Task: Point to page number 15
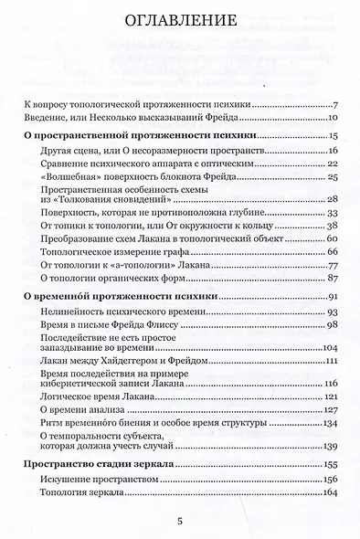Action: point(334,134)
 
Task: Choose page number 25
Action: point(334,175)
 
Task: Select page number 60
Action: point(334,238)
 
